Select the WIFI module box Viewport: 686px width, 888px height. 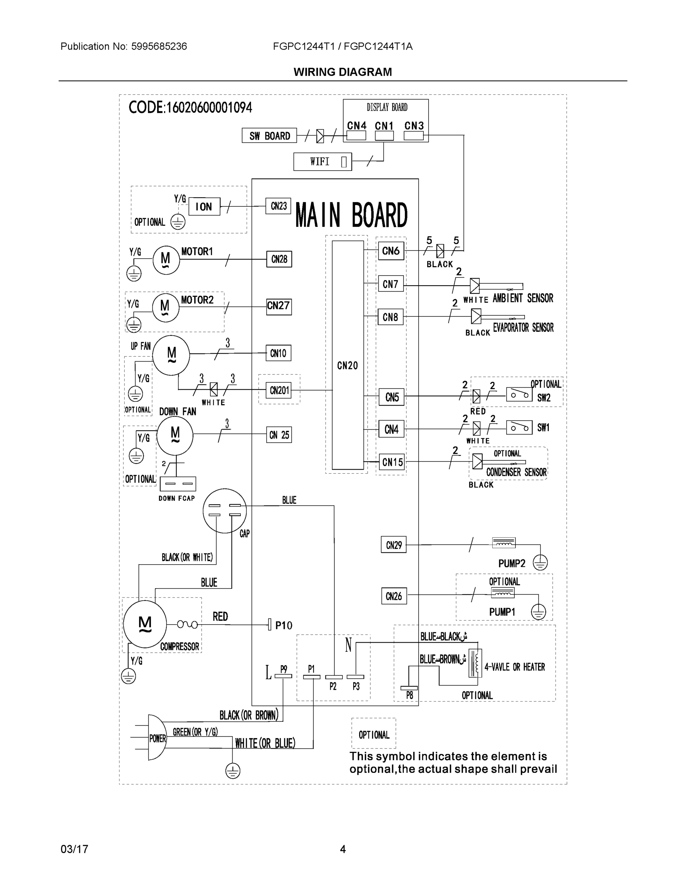[x=322, y=161]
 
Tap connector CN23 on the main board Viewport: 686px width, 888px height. [x=278, y=206]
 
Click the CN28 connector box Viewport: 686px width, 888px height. [x=279, y=259]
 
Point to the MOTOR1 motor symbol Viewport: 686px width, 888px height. [x=166, y=259]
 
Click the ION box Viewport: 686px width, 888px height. [x=204, y=206]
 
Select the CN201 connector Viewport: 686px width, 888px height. [x=280, y=390]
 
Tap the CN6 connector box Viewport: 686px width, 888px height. [x=391, y=251]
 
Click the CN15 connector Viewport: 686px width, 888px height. [x=392, y=462]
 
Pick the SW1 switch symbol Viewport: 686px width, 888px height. [x=518, y=427]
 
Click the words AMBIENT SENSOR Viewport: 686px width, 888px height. [x=523, y=298]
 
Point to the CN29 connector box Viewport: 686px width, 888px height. [x=393, y=545]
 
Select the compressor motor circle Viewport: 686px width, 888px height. [x=145, y=624]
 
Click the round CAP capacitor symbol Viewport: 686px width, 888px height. [x=224, y=510]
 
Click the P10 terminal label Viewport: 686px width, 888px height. [x=284, y=625]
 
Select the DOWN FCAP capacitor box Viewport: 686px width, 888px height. [x=178, y=484]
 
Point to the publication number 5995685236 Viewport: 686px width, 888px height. [x=159, y=46]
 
